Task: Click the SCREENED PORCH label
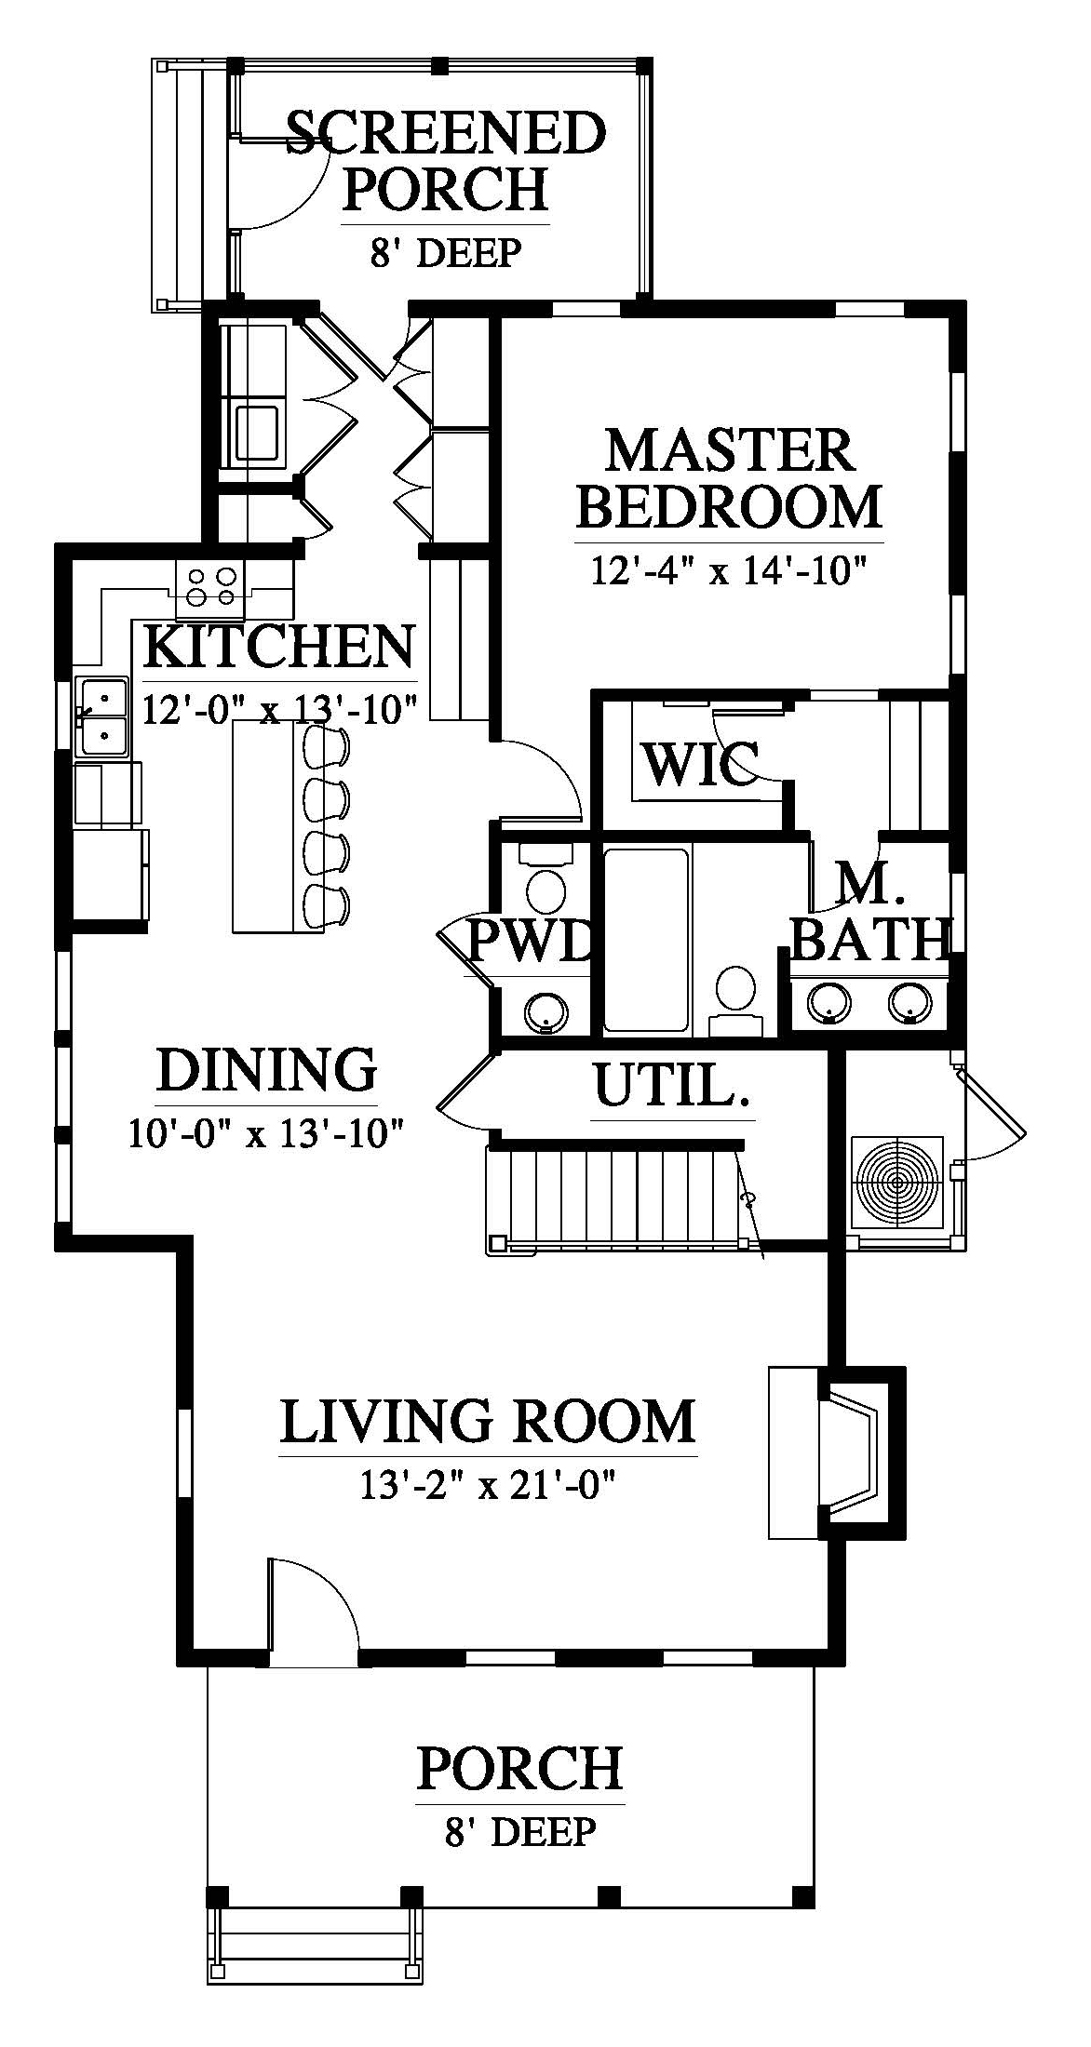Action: [445, 160]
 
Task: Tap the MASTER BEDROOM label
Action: [729, 478]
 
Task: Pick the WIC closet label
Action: [700, 765]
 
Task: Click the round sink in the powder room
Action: [545, 1010]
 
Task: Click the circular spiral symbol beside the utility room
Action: [897, 1184]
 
